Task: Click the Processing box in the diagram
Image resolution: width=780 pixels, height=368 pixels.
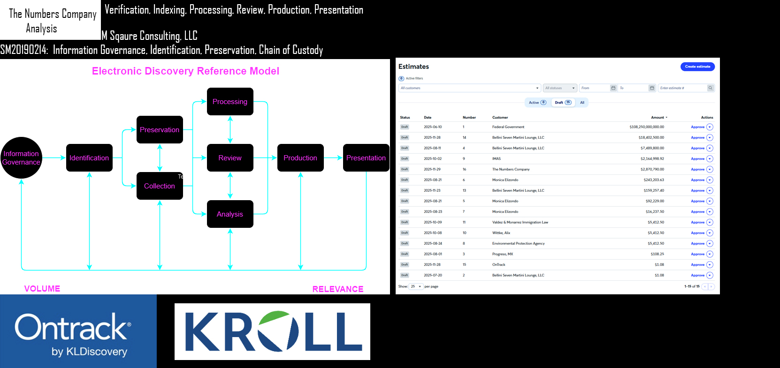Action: [230, 102]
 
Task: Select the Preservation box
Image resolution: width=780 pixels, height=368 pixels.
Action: [160, 130]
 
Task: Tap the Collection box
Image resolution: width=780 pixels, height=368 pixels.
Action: [160, 186]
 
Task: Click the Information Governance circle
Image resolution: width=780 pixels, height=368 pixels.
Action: [21, 158]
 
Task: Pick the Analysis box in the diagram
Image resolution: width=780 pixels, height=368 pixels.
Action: [230, 214]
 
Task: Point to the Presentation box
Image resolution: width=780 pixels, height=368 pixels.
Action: [366, 158]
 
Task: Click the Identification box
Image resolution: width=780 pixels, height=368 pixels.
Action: [89, 158]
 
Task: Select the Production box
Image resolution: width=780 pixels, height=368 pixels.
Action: [300, 158]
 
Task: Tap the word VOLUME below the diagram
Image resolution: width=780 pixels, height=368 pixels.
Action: [42, 289]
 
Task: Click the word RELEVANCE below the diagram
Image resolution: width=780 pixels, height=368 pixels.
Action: [338, 289]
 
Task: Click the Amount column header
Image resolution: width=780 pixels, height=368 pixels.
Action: [658, 118]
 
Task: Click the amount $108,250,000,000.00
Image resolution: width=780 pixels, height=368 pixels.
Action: [646, 127]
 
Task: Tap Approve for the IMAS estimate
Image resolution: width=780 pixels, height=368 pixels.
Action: [697, 159]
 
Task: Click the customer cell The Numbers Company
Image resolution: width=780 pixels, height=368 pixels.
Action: [511, 169]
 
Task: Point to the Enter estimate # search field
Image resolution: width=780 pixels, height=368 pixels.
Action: [682, 88]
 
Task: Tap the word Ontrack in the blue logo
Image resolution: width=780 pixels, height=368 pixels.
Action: [71, 327]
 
